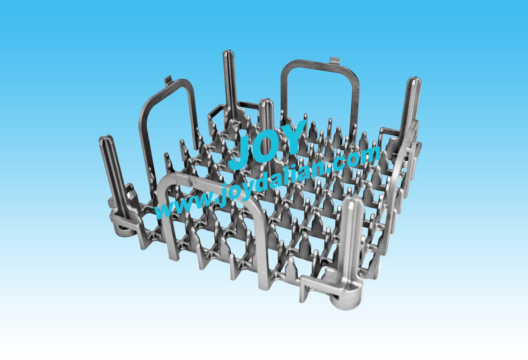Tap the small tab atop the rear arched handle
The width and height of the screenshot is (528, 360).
(335, 60)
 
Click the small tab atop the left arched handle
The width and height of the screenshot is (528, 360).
(168, 81)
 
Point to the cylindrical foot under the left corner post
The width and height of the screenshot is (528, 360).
(123, 230)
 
